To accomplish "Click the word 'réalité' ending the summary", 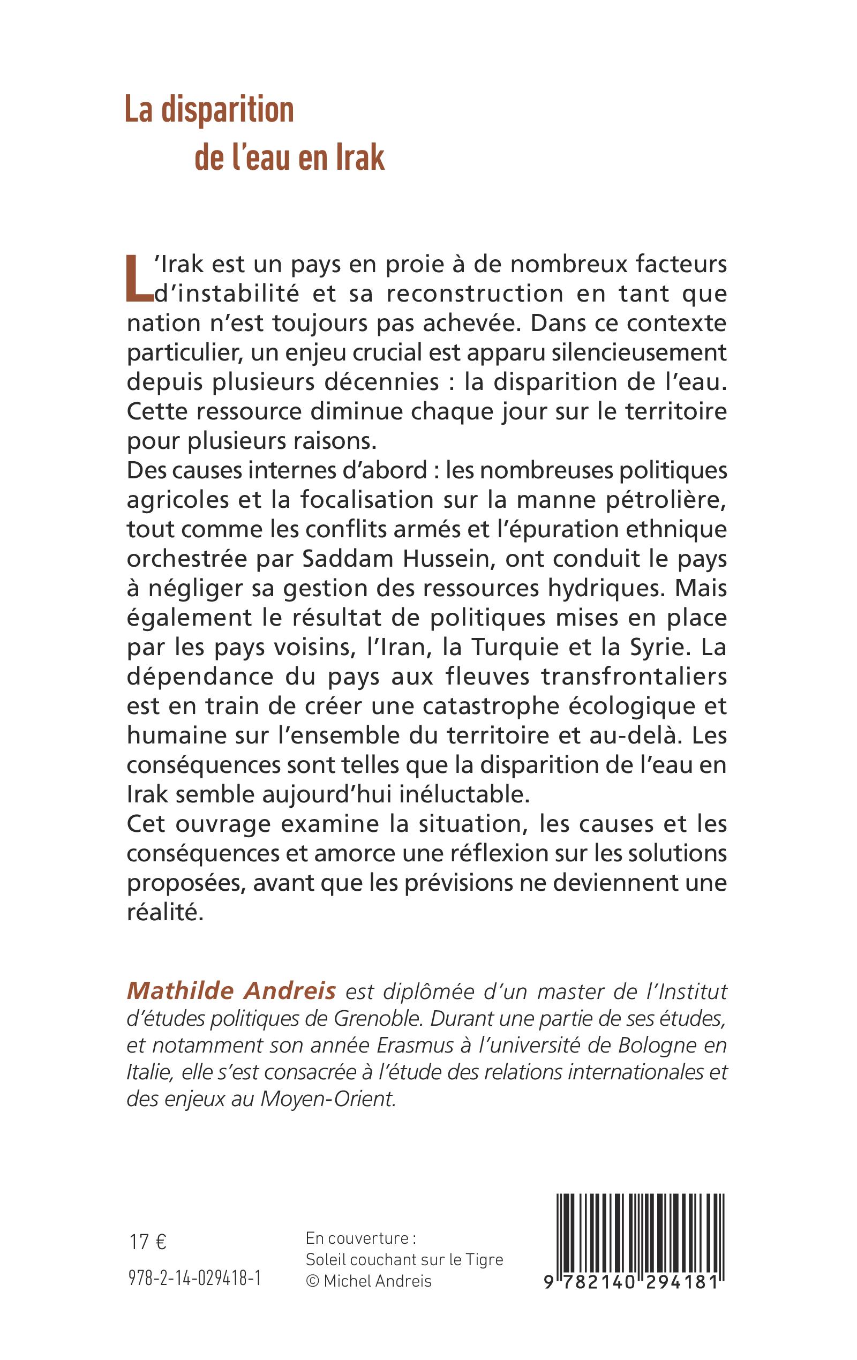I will (x=164, y=912).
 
